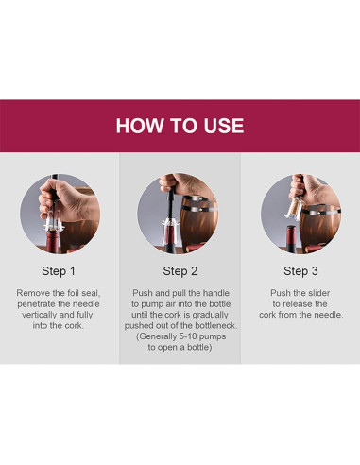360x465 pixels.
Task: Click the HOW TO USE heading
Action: [180, 126]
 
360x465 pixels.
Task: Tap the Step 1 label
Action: [59, 271]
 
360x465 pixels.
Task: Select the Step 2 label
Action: [180, 271]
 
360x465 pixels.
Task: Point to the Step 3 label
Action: [300, 271]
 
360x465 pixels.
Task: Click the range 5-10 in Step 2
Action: [188, 336]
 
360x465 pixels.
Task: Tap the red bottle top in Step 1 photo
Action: [53, 241]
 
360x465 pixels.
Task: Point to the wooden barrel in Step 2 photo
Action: [199, 223]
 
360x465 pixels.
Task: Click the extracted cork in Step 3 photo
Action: [294, 207]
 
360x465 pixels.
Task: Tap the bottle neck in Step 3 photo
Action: [291, 239]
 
